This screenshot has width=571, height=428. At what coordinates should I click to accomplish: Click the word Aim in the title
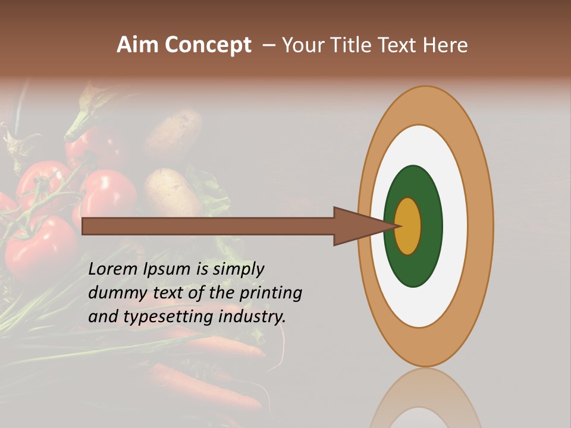138,45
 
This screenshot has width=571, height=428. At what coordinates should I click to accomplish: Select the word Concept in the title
208,45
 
